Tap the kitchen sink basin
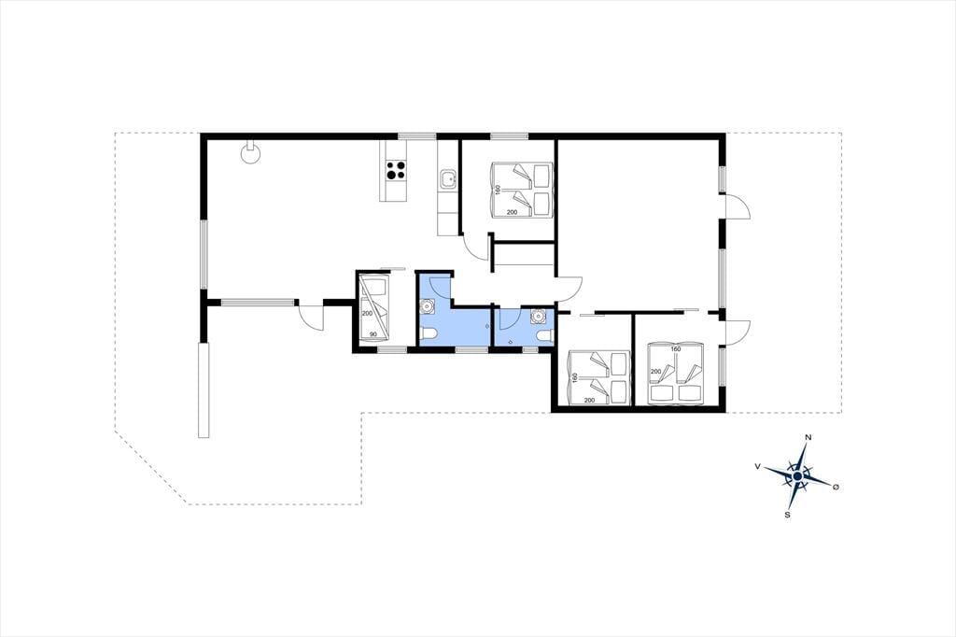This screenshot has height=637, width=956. coord(448,179)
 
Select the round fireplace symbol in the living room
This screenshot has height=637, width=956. coord(250,152)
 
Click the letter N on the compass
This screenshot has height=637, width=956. coord(808,437)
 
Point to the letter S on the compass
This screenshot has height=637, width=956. coord(788,515)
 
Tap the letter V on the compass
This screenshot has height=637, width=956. coord(757,466)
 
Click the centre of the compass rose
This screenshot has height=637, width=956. coord(797,476)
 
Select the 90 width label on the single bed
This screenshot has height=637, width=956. coord(373,334)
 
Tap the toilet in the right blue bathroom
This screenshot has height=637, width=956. coord(544,335)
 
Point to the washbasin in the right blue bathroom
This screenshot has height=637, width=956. coord(538,316)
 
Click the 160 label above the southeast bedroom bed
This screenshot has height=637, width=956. coord(675,349)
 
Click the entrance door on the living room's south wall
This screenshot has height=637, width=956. coord(311,316)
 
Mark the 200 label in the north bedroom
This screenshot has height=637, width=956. coord(513,212)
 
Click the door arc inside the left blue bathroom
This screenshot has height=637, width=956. coord(441,288)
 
